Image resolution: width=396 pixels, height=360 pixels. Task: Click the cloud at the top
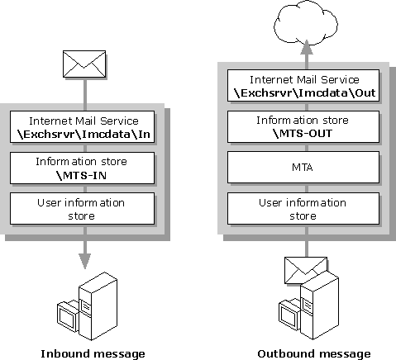306,22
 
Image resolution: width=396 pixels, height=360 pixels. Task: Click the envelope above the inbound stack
84,64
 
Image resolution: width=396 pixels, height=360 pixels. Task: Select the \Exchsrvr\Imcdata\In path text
83,135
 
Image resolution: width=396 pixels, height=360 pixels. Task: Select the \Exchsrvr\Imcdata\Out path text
304,93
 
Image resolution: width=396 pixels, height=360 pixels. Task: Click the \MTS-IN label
82,175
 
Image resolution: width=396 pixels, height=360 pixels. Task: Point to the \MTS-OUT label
303,134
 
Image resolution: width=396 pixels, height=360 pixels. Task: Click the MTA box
303,167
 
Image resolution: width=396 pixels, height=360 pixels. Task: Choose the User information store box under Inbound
82,208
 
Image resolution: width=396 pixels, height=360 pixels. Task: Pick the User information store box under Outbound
303,208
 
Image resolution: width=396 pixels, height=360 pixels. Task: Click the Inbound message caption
93,353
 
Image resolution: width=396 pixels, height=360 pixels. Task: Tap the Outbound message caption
314,353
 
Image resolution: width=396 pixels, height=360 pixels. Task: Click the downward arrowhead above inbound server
85,261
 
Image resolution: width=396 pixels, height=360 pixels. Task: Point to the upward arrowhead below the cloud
307,47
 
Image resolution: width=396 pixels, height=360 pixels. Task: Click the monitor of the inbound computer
68,315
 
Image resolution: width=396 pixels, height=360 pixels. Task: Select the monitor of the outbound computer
289,315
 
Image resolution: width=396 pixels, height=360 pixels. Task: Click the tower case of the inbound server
98,306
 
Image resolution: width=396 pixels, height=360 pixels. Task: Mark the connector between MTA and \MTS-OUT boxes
307,147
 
